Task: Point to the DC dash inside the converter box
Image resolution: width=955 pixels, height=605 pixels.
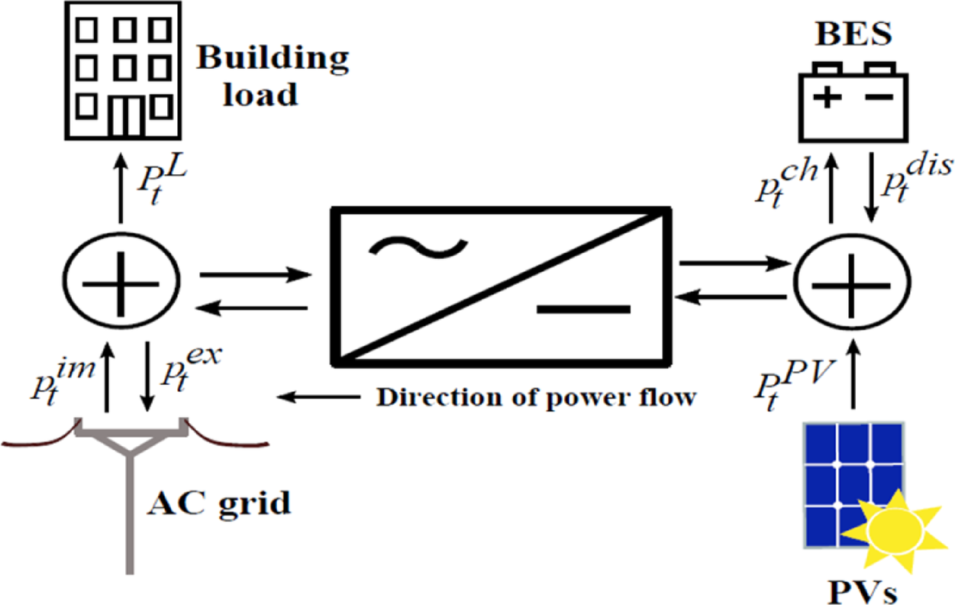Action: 584,309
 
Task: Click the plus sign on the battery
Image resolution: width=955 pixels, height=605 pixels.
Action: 825,98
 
